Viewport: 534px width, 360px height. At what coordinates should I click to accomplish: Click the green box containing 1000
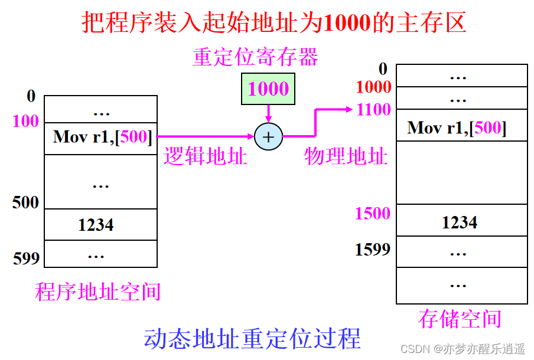coord(268,89)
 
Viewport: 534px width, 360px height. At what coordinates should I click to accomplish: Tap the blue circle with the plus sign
coord(269,137)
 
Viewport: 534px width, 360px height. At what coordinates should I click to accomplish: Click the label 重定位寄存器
coord(255,57)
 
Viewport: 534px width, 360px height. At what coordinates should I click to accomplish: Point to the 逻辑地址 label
coord(205,156)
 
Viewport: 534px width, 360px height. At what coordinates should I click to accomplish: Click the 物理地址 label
coord(346,156)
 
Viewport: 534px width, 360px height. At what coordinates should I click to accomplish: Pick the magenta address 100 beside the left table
coord(25,122)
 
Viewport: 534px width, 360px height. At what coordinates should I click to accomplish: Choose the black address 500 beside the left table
coord(25,202)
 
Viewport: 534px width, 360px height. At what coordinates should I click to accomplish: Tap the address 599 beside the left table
coord(27,257)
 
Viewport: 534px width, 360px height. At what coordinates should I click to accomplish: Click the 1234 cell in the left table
coord(96,225)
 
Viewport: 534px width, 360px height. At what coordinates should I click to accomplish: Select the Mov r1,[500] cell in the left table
coord(101,137)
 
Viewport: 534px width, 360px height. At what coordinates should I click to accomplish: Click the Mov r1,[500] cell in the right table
coord(457,127)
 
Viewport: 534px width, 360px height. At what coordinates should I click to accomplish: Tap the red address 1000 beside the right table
coord(373,87)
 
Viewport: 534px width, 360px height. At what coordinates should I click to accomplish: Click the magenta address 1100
coord(373,110)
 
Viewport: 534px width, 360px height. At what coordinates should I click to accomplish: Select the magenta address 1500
coord(373,213)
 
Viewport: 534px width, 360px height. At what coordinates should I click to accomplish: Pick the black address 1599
coord(373,250)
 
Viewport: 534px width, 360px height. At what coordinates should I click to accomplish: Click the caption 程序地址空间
coord(97,291)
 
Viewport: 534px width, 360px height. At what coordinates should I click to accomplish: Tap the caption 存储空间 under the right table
coord(460,319)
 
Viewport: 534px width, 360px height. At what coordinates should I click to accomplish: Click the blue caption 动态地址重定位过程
coord(253,339)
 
